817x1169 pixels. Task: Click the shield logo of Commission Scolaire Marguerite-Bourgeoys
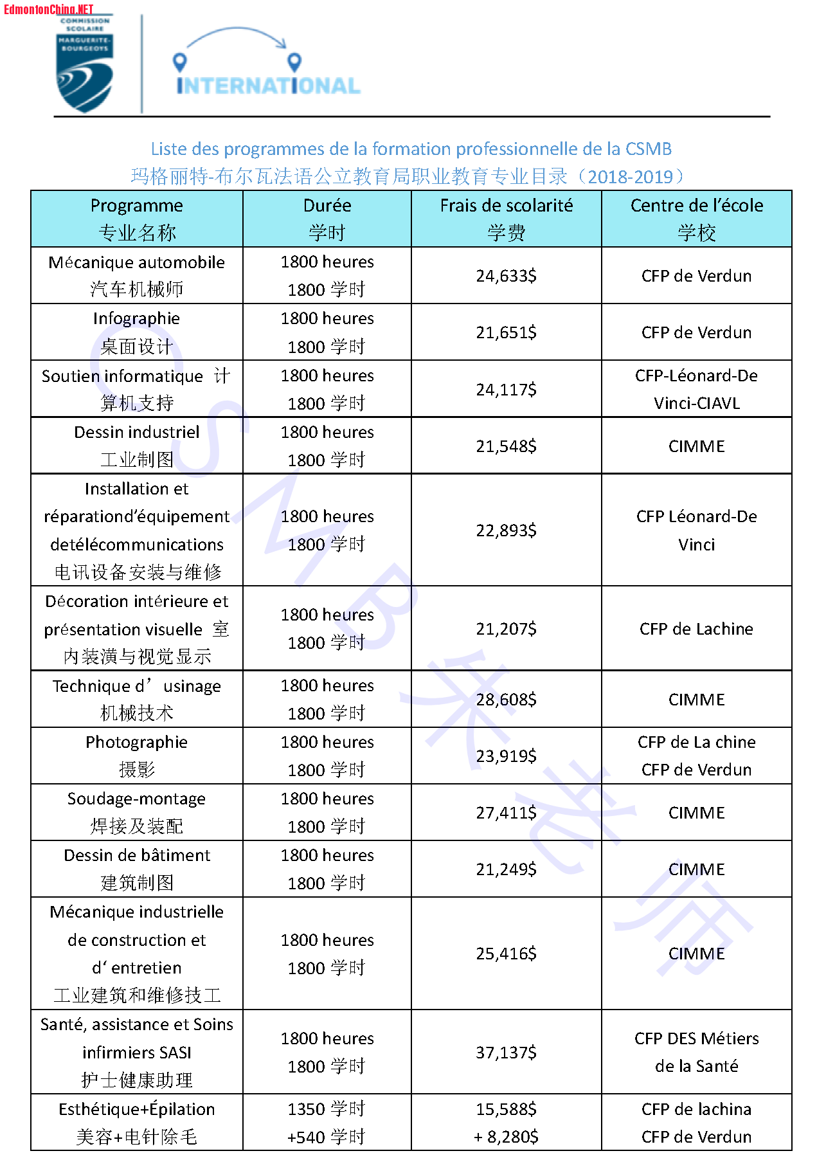pos(85,64)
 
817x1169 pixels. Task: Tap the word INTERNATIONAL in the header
pos(268,86)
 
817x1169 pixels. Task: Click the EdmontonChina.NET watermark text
pos(48,9)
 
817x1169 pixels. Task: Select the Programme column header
pos(136,219)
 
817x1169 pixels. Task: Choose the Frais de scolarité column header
pos(506,219)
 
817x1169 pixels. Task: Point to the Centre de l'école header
pos(696,219)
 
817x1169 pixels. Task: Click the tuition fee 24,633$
pos(506,276)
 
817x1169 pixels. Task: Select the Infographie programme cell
pos(136,332)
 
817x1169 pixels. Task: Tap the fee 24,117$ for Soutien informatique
pos(506,390)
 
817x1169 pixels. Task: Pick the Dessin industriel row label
pos(136,446)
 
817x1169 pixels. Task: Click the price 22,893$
pos(506,530)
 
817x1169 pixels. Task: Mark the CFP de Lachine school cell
pos(696,629)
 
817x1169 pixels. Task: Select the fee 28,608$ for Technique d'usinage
pos(506,700)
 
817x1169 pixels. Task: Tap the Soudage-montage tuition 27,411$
pos(506,813)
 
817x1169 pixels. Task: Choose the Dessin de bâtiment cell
pos(136,869)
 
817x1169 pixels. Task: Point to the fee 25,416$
pos(506,954)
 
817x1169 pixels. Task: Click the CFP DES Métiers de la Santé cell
pos(696,1052)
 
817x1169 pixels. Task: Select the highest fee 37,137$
pos(506,1053)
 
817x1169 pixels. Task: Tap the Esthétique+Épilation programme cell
pos(136,1123)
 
